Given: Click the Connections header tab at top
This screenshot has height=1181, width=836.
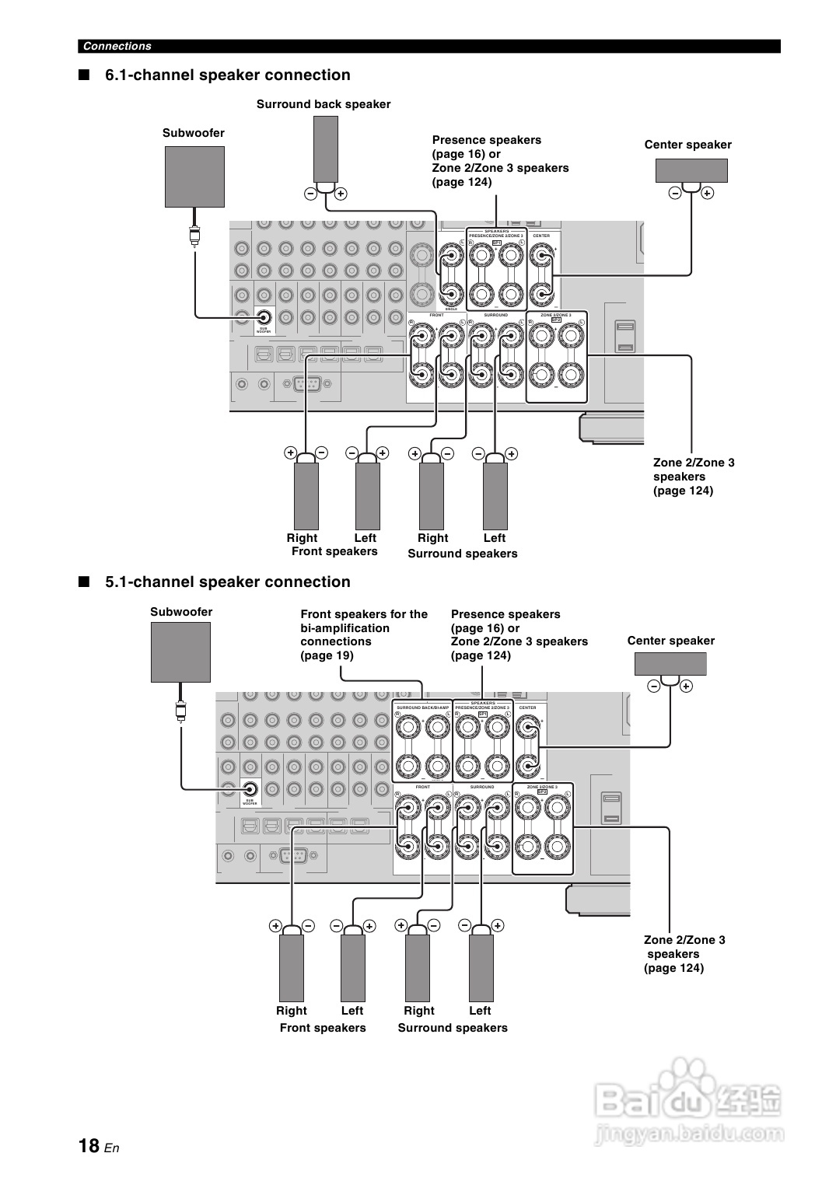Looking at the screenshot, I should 117,46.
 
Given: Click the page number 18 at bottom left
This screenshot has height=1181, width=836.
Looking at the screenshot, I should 89,1146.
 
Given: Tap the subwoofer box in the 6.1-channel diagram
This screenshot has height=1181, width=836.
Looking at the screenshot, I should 194,176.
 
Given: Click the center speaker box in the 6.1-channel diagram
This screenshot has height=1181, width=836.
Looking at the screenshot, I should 691,170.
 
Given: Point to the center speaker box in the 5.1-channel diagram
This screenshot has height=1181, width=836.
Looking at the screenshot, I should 670,664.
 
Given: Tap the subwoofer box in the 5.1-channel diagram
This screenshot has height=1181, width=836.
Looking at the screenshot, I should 180,652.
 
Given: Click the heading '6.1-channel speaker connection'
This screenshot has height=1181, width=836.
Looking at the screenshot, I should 227,75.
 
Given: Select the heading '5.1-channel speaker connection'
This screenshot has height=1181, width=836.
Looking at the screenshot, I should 227,582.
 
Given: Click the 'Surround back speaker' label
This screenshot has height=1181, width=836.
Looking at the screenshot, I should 324,104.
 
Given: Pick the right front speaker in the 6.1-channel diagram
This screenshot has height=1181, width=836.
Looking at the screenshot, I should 306,495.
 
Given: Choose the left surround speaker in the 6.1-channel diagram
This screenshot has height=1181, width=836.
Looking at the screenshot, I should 495,495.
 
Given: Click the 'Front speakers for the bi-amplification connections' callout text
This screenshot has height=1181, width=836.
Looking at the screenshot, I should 364,634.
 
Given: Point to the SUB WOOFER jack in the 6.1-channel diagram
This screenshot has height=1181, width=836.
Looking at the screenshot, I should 264,317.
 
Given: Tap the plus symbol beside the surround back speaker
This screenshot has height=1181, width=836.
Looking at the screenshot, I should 341,194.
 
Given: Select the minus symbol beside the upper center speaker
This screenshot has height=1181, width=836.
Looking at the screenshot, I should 675,193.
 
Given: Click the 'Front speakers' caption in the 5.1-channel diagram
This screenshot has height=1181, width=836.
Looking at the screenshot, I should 323,1028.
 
